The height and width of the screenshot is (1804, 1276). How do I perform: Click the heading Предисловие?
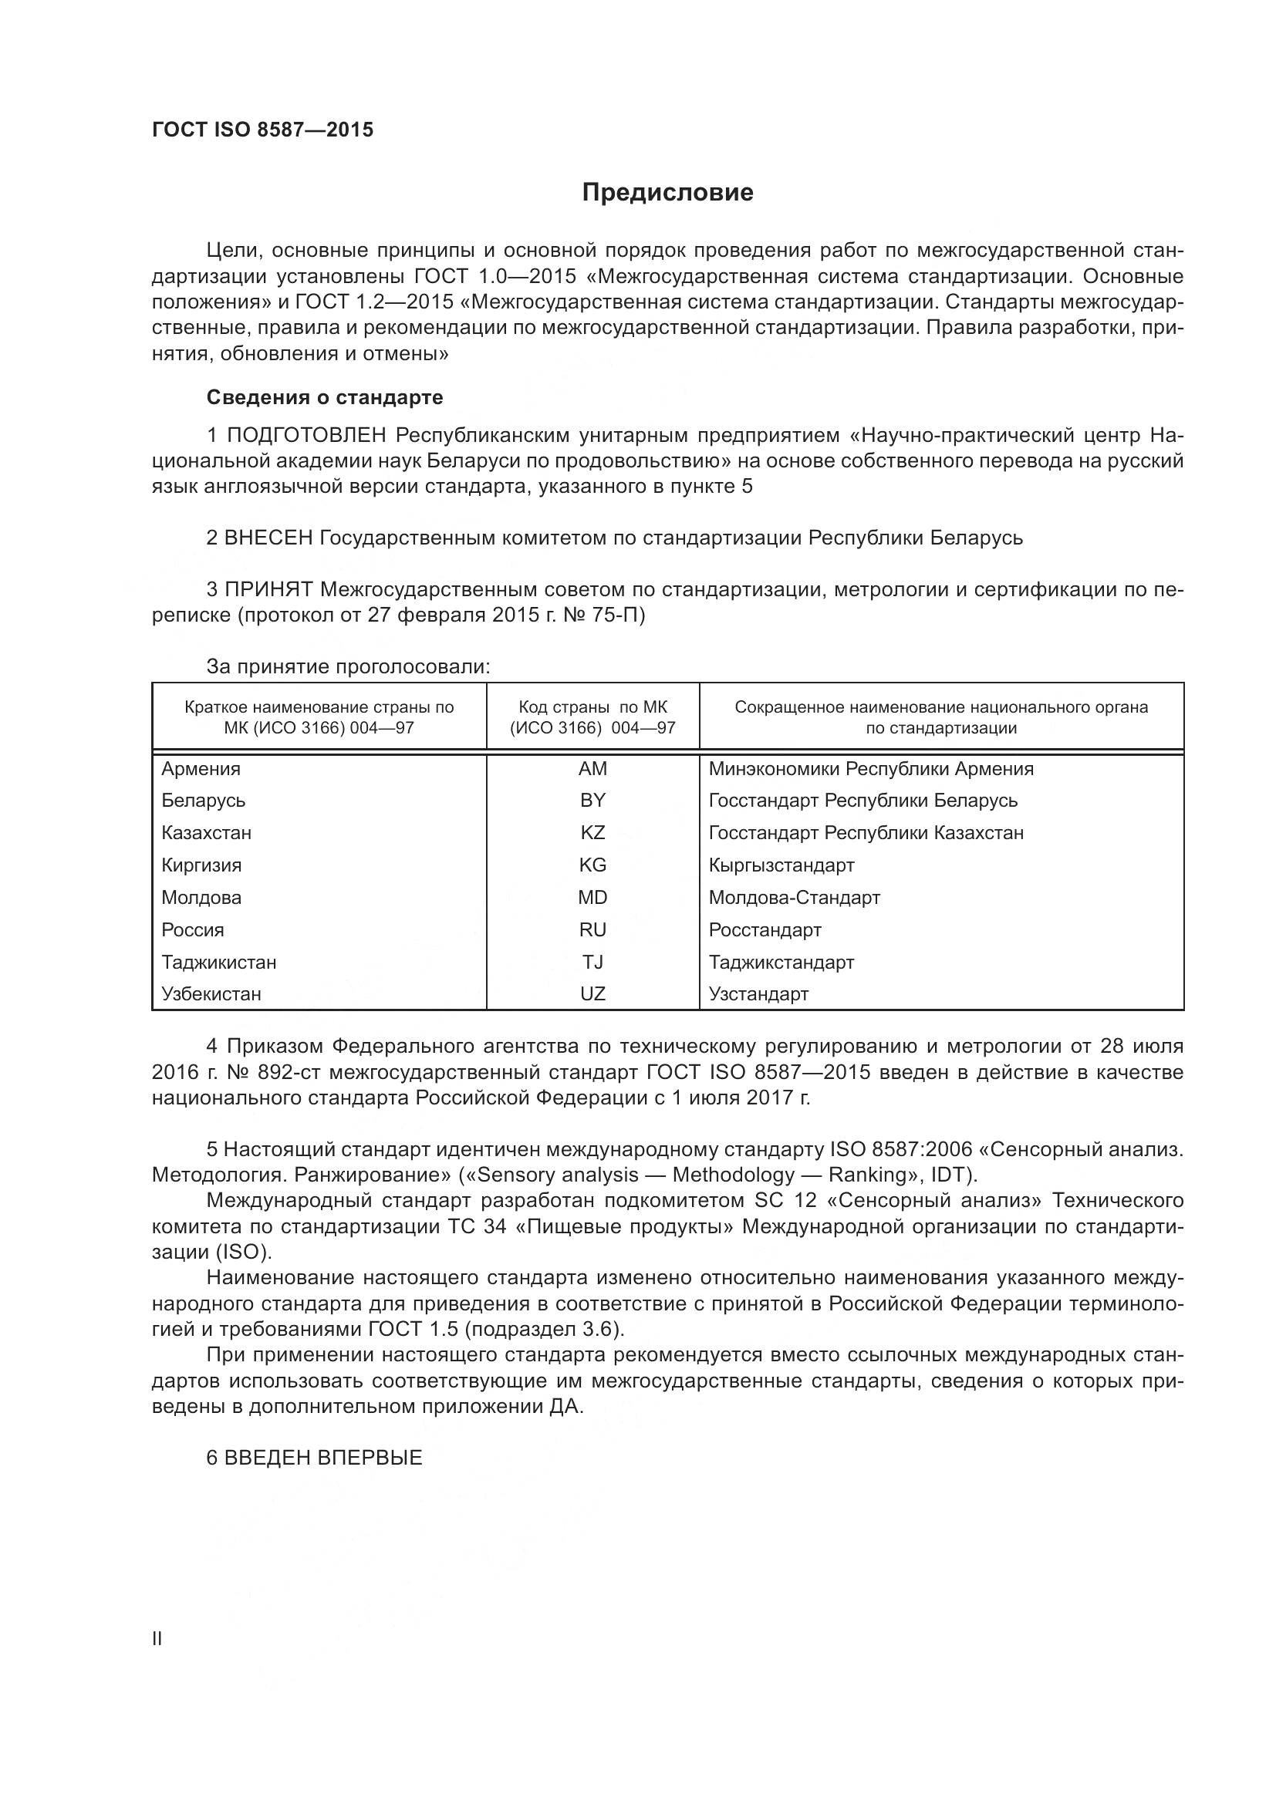(x=667, y=193)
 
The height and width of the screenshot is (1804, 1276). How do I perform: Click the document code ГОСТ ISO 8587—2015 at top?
(x=262, y=130)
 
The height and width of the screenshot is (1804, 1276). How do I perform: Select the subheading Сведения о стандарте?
(x=325, y=397)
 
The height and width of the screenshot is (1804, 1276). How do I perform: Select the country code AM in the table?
(x=592, y=769)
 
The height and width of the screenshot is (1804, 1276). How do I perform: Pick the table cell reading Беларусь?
(x=204, y=801)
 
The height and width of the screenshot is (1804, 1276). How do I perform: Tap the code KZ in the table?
(x=592, y=833)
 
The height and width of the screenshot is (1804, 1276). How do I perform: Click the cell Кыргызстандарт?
(x=781, y=866)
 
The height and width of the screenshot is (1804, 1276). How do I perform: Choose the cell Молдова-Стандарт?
(x=794, y=898)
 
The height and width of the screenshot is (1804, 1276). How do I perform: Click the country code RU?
(x=592, y=930)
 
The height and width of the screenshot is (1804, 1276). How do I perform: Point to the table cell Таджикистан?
(x=219, y=963)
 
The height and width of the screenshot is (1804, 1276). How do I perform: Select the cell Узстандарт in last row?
(x=758, y=995)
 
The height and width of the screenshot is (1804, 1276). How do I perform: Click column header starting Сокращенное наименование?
(x=940, y=717)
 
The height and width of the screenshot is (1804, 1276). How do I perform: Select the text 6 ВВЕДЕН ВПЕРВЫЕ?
(x=314, y=1458)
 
